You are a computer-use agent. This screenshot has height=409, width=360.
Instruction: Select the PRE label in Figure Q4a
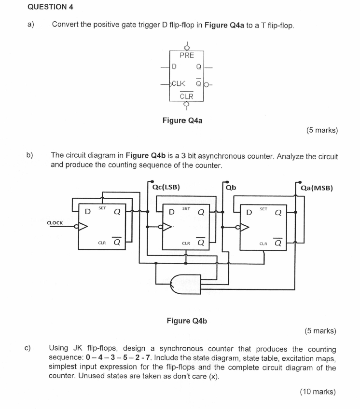[x=186, y=55]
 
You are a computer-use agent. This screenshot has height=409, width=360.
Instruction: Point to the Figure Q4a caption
[x=182, y=121]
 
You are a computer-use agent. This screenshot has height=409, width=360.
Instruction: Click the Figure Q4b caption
[x=186, y=320]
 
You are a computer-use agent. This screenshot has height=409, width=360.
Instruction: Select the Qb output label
[x=231, y=188]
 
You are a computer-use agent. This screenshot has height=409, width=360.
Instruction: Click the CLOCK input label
[x=55, y=222]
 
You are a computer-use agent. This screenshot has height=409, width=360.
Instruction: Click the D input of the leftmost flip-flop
[x=87, y=211]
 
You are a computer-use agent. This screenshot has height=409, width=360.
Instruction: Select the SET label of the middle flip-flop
[x=186, y=208]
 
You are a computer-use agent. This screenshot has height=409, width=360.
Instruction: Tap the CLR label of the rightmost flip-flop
[x=263, y=243]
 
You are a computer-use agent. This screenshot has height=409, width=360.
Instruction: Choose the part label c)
[x=28, y=348]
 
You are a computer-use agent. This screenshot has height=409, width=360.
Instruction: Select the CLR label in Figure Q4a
[x=186, y=96]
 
